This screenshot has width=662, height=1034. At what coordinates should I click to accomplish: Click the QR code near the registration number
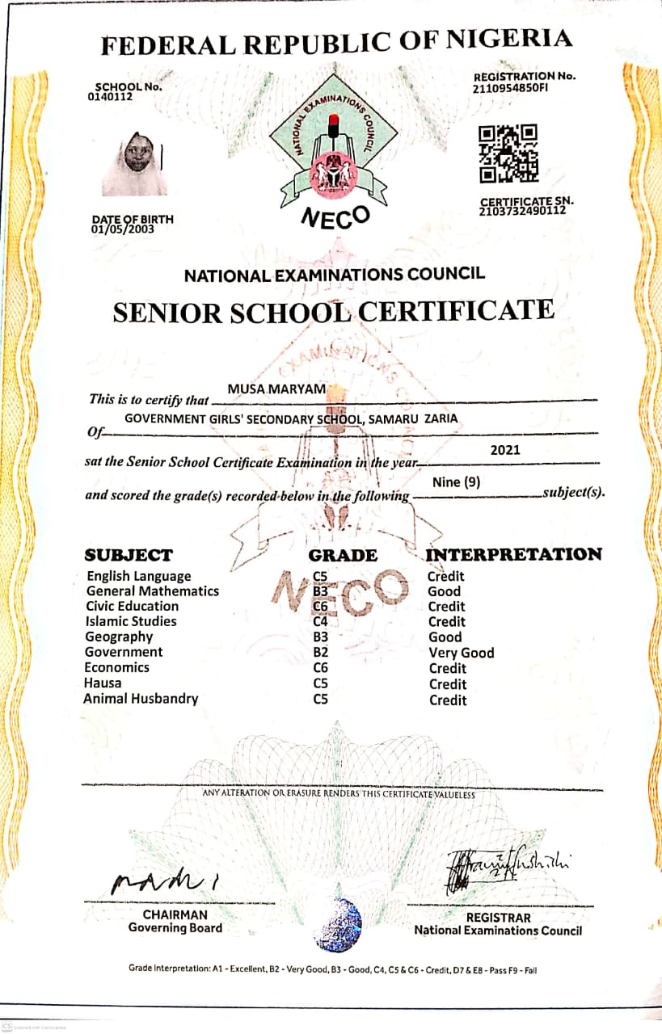508,153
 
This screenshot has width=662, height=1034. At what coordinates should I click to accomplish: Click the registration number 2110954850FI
510,88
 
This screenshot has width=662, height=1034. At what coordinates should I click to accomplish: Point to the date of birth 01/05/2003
122,229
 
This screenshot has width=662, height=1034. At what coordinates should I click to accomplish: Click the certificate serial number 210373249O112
522,212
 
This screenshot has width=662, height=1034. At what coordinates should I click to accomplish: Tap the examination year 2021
505,450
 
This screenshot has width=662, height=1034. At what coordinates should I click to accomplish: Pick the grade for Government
321,653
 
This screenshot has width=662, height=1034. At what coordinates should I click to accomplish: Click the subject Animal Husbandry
141,699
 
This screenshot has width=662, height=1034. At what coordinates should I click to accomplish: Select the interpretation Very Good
461,653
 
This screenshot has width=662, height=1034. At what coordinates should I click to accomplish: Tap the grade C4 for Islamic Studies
321,621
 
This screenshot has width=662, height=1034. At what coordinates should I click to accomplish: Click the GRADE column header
343,555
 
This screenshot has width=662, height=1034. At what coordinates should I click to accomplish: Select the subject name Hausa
103,683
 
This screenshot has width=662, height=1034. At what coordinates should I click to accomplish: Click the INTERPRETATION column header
513,554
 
